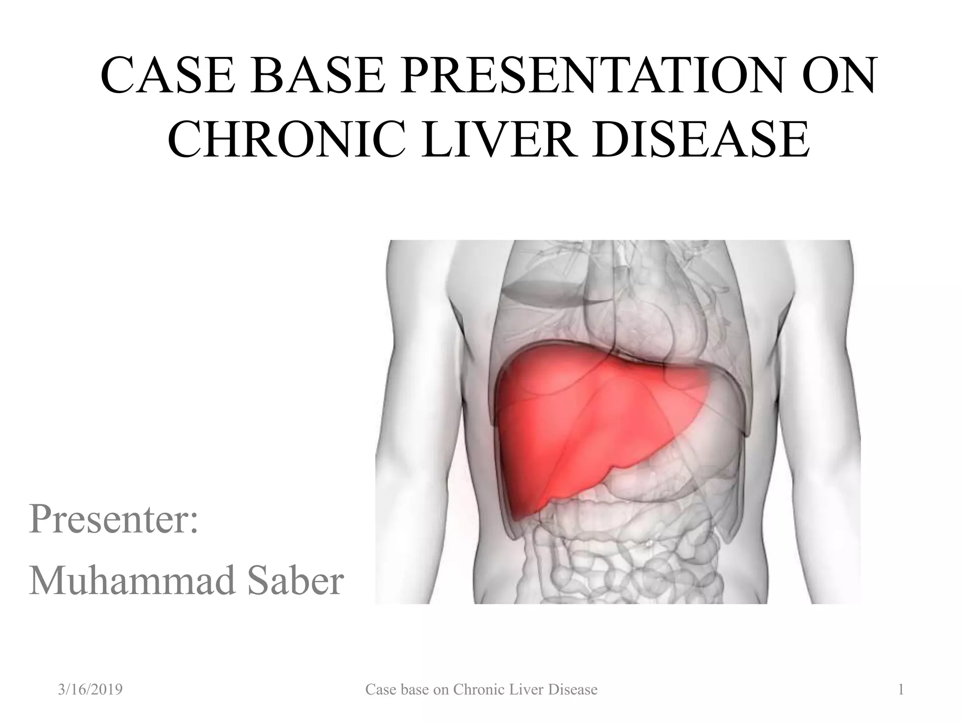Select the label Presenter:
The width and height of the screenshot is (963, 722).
click(x=113, y=519)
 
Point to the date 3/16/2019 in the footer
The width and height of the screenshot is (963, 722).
click(x=90, y=690)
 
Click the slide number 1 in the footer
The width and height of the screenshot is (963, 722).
click(x=901, y=690)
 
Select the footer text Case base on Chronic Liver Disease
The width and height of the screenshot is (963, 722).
click(x=481, y=690)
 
